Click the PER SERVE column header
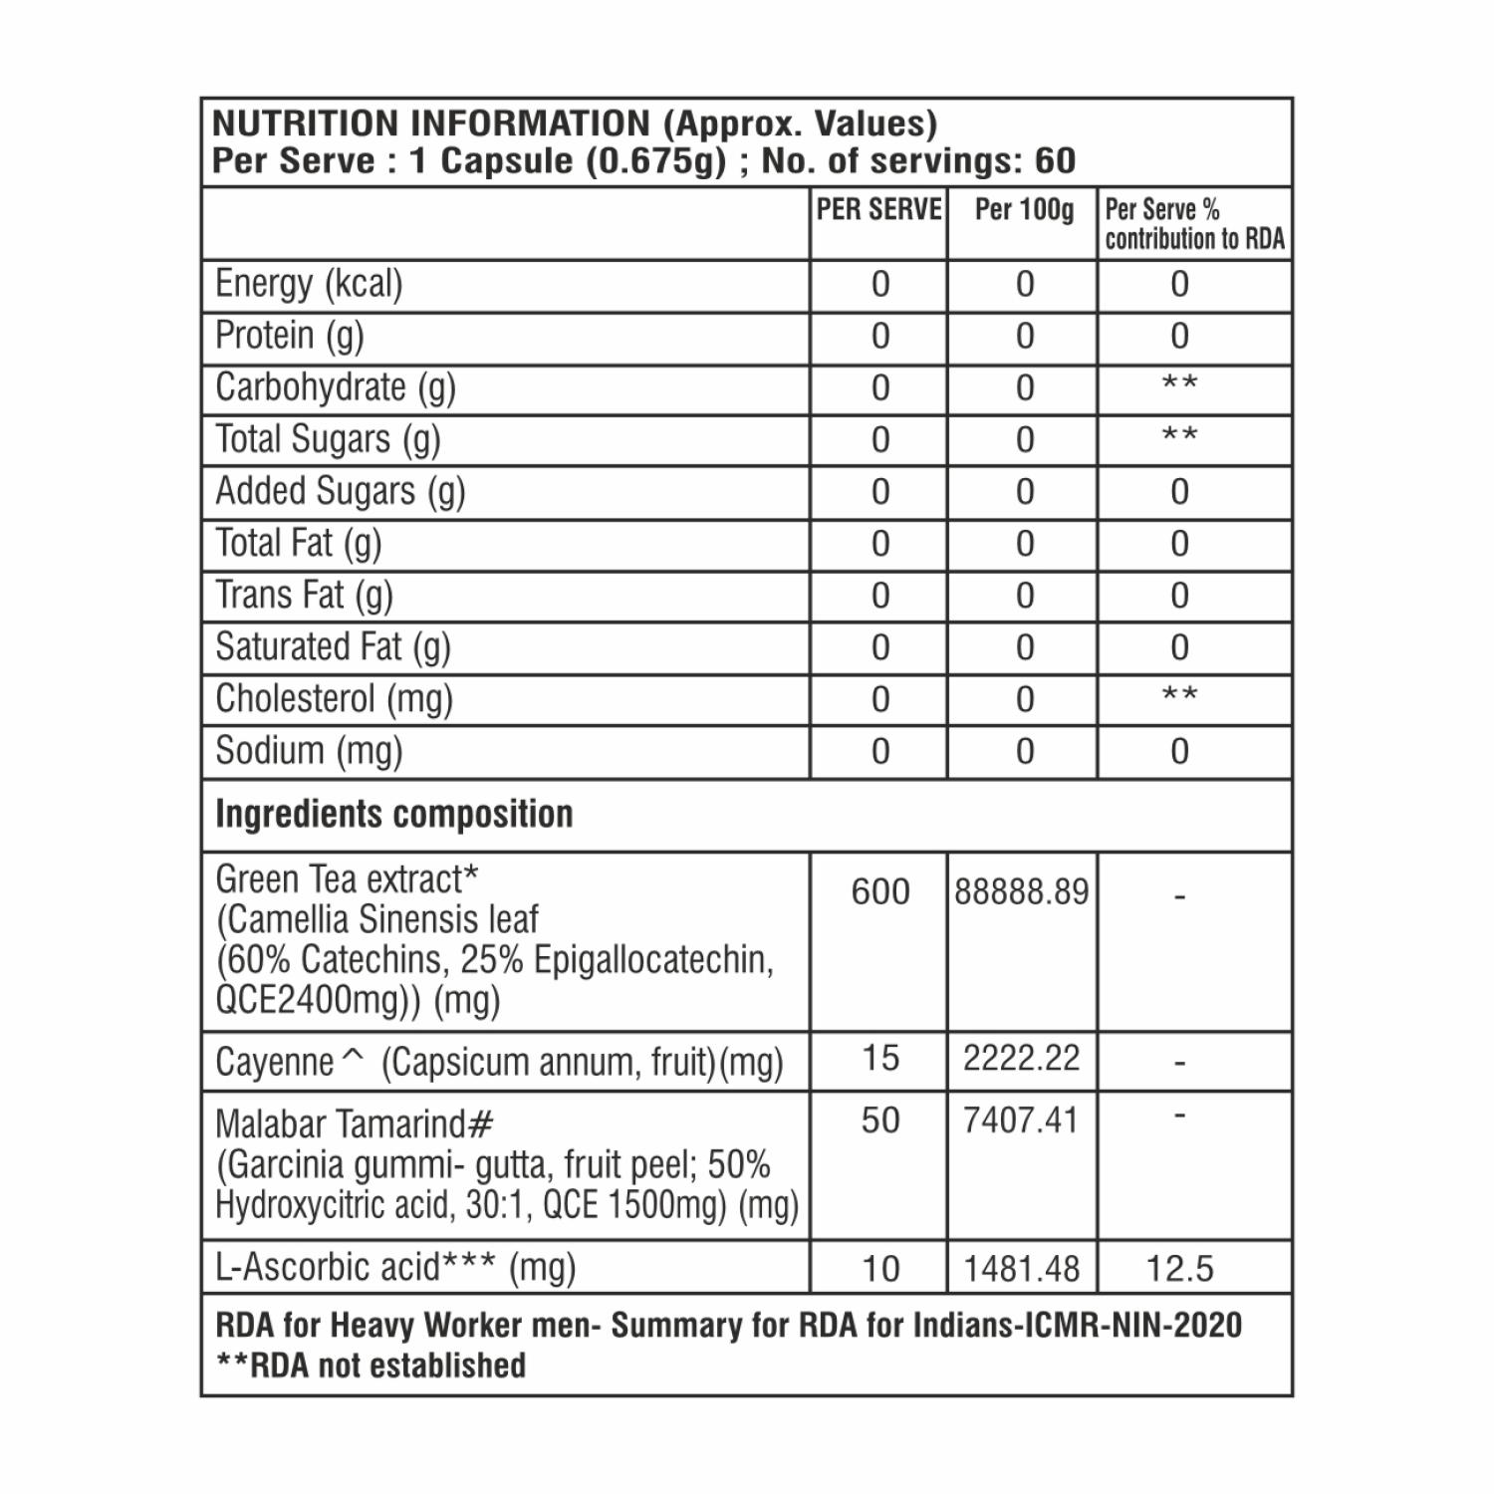point(878,210)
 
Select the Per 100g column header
point(1024,210)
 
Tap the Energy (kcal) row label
point(309,284)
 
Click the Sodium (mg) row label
point(309,751)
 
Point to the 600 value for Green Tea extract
point(880,891)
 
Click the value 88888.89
point(1022,891)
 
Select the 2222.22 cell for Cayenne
point(1022,1058)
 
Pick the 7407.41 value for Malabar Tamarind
point(1022,1120)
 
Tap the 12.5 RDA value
point(1180,1269)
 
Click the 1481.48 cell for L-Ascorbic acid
point(1022,1269)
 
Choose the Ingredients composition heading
point(394,815)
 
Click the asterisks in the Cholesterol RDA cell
point(1180,695)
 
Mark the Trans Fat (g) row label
point(304,596)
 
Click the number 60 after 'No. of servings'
point(1056,161)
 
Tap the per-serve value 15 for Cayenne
point(880,1058)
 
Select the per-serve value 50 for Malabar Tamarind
point(880,1120)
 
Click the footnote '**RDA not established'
point(371,1366)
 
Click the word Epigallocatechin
point(653,960)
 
